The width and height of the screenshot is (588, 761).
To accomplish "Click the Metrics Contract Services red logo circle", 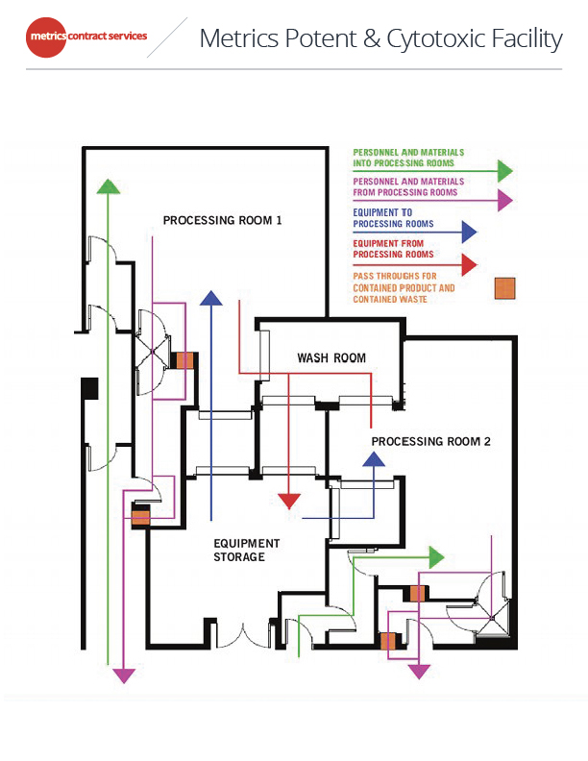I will tap(46, 37).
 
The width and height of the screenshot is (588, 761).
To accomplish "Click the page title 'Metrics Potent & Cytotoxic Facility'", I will tap(380, 39).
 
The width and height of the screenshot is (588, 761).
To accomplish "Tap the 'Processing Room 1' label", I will tap(222, 220).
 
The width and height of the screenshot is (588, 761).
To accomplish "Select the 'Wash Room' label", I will tap(331, 358).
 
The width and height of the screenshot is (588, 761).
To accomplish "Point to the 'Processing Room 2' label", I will tap(430, 441).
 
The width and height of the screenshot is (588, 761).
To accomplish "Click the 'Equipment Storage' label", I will tap(247, 550).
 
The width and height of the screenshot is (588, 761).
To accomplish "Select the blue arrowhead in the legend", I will tap(468, 232).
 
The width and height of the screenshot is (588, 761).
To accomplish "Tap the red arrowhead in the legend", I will tap(468, 263).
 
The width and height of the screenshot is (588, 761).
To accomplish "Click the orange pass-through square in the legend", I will tap(505, 288).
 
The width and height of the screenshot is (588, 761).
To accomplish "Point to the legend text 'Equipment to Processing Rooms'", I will tap(394, 218).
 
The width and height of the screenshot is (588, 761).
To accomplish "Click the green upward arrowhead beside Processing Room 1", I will tap(110, 187).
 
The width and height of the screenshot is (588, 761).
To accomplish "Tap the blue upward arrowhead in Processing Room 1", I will tap(209, 297).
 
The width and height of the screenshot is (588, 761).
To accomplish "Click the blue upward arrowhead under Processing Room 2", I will tap(373, 458).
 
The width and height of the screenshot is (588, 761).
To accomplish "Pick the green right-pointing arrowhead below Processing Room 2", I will tap(436, 556).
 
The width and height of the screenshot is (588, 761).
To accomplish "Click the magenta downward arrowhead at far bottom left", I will tap(124, 675).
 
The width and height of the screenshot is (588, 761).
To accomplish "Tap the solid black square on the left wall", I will tap(90, 388).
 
